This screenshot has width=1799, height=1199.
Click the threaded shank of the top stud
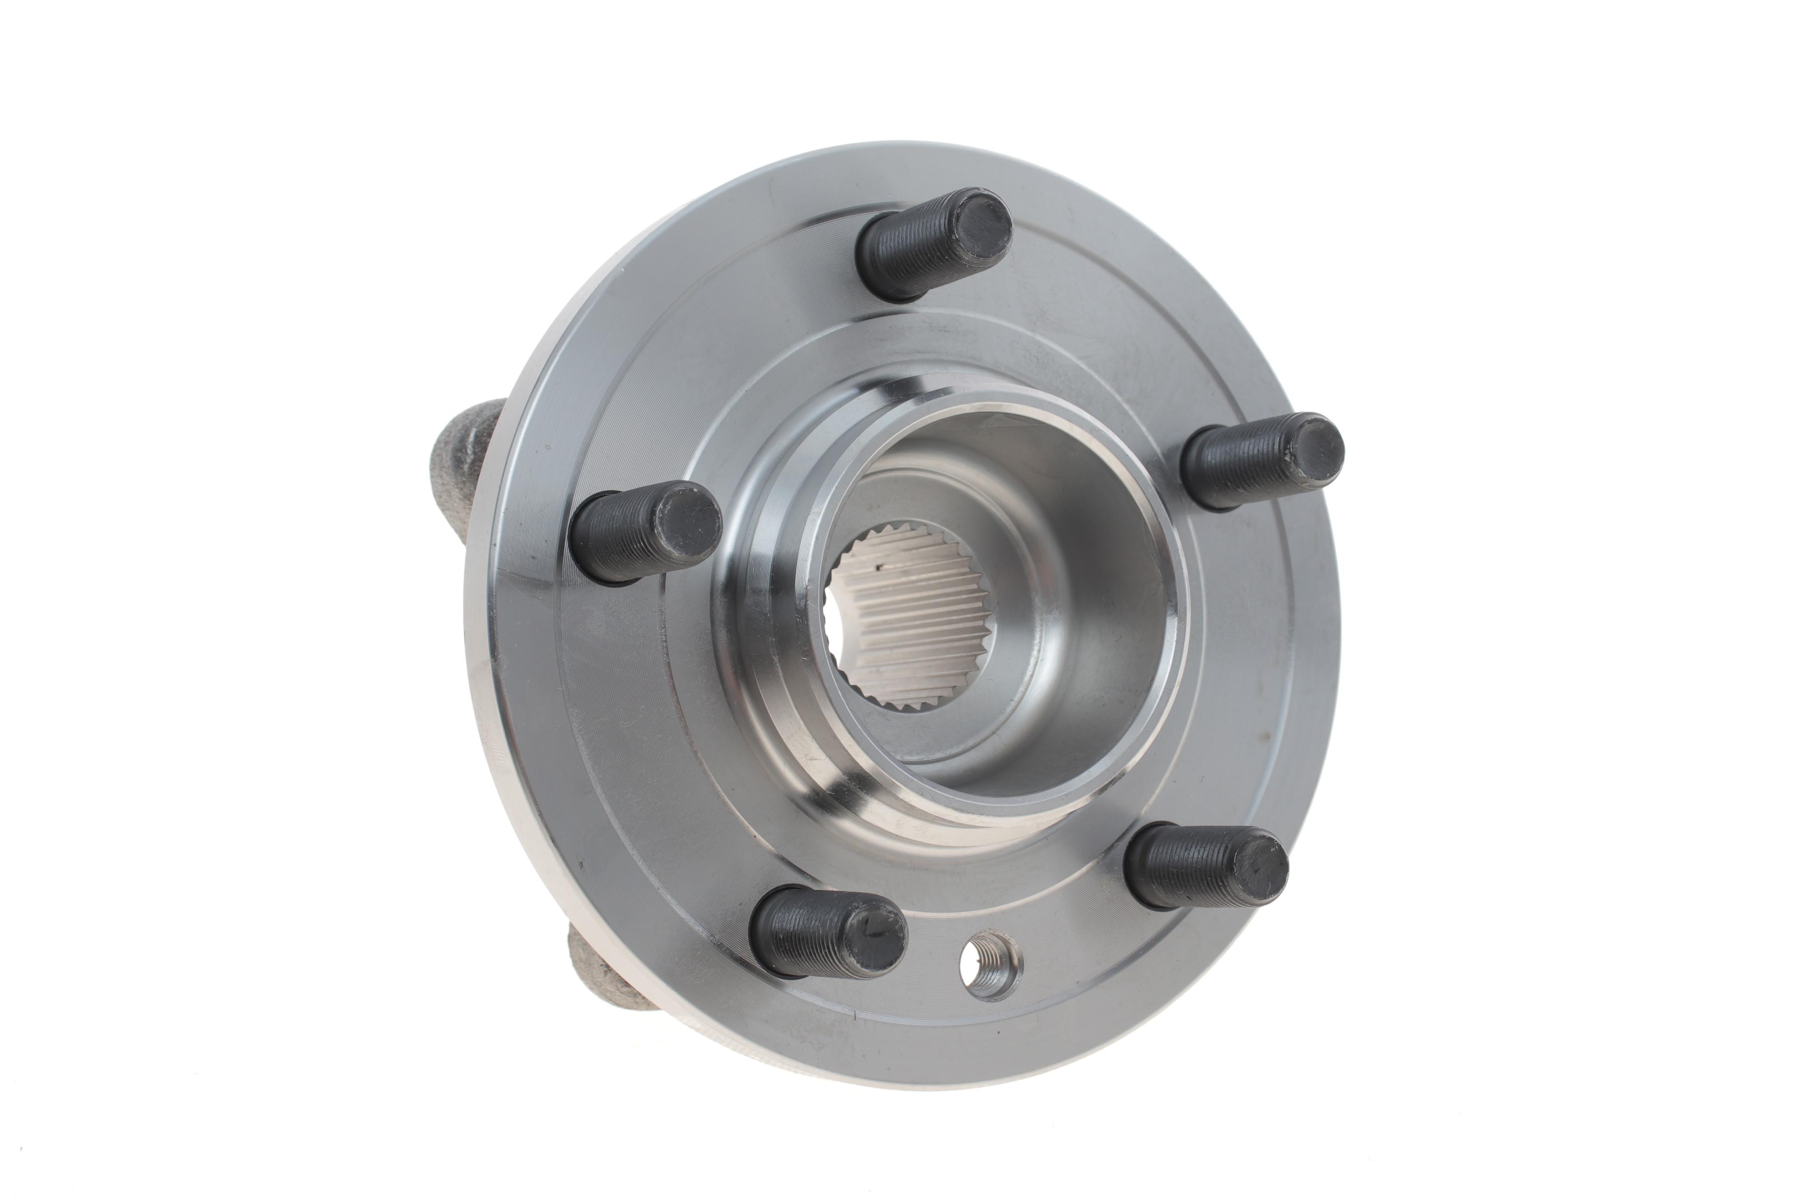click(x=903, y=256)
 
